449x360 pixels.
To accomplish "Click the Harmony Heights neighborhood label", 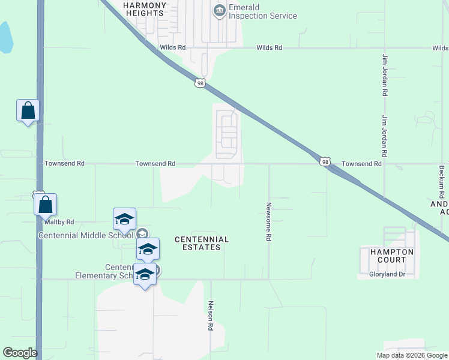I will click(143, 8).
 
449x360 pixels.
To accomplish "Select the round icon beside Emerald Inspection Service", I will click(219, 10).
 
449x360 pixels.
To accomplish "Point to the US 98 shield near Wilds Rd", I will click(200, 83).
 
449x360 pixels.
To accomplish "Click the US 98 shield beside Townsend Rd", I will click(325, 162).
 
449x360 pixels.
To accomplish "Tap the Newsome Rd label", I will click(269, 221).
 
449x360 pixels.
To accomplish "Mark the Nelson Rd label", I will click(211, 316).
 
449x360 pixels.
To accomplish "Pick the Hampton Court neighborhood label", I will click(387, 256).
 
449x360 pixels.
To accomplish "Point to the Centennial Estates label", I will click(202, 243).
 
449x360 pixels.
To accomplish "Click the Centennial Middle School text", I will click(86, 235).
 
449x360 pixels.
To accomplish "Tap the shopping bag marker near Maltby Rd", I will click(46, 205).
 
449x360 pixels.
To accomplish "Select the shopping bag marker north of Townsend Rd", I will click(28, 111).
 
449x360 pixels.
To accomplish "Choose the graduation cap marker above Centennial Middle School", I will click(125, 219).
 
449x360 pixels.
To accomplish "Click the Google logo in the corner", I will click(20, 353).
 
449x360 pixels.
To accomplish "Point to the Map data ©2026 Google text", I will click(412, 355).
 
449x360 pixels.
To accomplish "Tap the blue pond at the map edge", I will click(5, 37).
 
